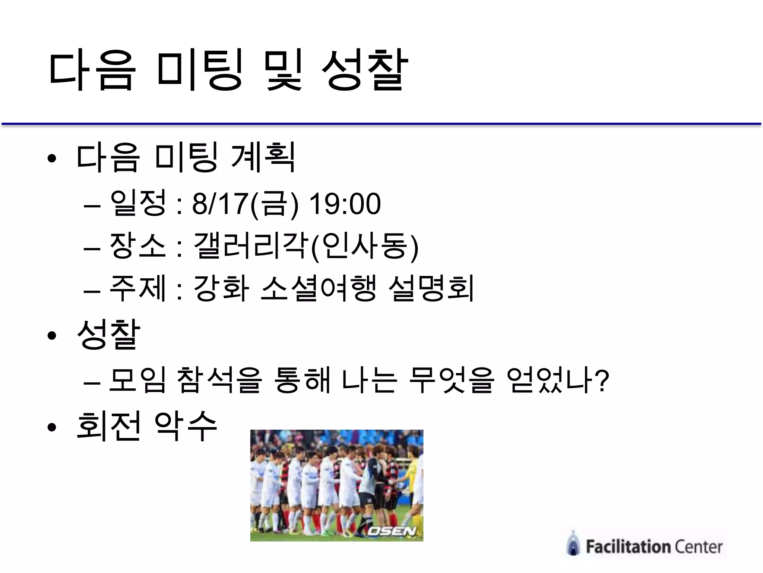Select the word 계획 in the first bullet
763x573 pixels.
pos(263,157)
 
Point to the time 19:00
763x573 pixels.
pos(345,204)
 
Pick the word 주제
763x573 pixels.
pos(138,288)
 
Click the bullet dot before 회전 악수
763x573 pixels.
pos(52,428)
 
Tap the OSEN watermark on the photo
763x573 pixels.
pos(392,531)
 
